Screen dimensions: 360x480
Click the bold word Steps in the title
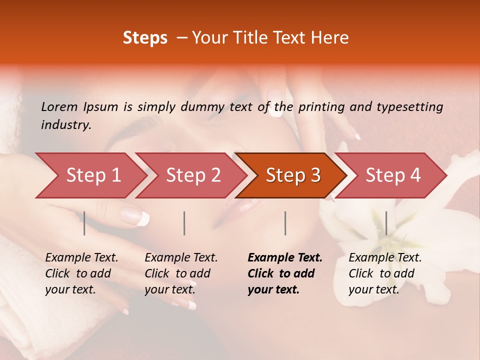[x=145, y=38]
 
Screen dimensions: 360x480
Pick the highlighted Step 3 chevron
[x=293, y=175]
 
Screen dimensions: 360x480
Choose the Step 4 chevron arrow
[x=393, y=175]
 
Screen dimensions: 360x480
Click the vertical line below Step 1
[x=84, y=223]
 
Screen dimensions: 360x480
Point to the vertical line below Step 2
[x=184, y=223]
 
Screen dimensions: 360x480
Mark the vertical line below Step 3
[x=285, y=223]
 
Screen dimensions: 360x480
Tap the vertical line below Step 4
[x=386, y=223]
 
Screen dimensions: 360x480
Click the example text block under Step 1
[x=81, y=273]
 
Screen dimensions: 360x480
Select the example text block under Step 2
[x=181, y=273]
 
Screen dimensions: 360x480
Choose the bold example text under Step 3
[x=285, y=273]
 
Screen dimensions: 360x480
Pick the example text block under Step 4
[x=385, y=273]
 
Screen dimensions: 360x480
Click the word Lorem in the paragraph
[x=59, y=106]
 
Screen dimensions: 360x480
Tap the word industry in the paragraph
[x=66, y=124]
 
